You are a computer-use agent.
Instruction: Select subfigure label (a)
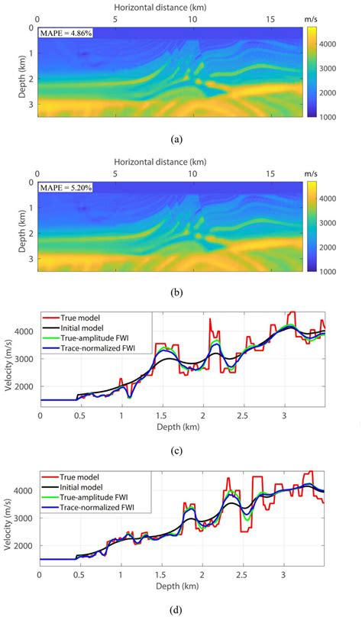(x=177, y=140)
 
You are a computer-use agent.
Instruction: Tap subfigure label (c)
(x=177, y=451)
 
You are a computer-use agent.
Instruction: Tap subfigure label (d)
(x=177, y=609)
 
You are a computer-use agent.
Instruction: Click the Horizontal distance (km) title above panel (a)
(x=177, y=5)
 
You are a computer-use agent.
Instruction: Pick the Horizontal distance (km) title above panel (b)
(x=177, y=162)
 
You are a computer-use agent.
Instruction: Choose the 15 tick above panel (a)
(x=270, y=18)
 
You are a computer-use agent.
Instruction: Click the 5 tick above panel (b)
(x=115, y=173)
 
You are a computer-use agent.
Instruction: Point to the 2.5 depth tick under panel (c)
(x=243, y=417)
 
